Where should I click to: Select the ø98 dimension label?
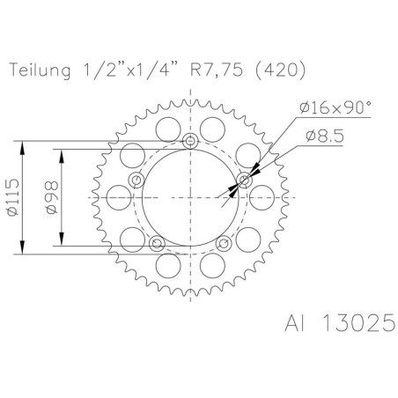[x=50, y=198]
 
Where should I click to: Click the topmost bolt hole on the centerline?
[x=191, y=142]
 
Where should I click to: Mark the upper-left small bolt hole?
[x=136, y=181]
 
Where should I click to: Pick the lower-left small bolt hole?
[x=157, y=243]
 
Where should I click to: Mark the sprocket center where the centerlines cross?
[x=191, y=197]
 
